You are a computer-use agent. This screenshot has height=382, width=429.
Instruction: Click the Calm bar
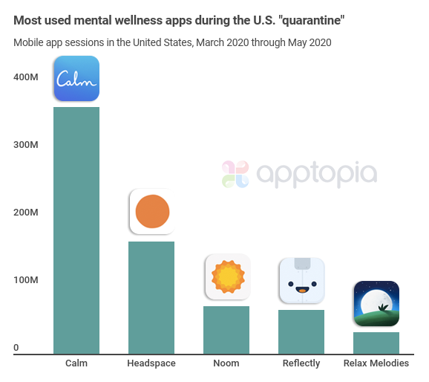(x=76, y=230)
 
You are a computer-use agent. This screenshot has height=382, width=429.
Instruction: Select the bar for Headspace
(x=151, y=297)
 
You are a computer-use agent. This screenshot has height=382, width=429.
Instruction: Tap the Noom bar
(x=226, y=330)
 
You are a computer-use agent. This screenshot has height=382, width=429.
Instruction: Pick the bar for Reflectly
(x=301, y=331)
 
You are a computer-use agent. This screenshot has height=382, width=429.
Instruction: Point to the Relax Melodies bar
(x=376, y=343)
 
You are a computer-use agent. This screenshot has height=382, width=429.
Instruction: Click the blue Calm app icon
(x=76, y=78)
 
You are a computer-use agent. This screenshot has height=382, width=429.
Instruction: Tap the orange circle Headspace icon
(x=152, y=212)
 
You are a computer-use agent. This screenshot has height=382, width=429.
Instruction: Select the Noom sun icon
(x=227, y=277)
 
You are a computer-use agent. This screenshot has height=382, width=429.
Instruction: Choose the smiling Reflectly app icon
(x=301, y=280)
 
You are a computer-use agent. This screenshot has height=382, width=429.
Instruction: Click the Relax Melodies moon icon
(x=376, y=303)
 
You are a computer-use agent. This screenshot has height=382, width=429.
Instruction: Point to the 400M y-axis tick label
(x=26, y=77)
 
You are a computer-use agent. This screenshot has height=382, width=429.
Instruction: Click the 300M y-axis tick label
(x=26, y=144)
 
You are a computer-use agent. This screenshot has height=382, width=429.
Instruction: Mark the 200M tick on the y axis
(x=26, y=213)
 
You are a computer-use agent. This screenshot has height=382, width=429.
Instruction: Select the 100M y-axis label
(x=26, y=280)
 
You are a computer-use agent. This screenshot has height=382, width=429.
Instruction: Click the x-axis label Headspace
(x=151, y=363)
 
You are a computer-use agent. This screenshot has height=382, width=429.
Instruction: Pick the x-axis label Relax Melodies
(x=376, y=363)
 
